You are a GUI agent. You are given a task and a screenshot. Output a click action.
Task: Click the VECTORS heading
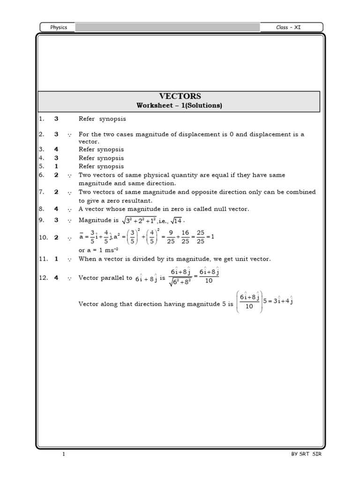179,96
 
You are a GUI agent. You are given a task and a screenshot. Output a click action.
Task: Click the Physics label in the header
59,27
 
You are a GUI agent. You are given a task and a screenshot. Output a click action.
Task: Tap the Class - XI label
288,27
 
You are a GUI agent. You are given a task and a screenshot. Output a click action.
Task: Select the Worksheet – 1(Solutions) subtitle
179,105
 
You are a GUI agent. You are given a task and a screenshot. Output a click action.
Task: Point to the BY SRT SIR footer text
304,455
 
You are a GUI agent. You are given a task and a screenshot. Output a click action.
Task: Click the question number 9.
41,220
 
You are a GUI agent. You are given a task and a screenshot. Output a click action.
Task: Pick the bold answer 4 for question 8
56,209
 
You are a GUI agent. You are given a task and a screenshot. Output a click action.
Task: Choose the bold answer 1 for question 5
56,166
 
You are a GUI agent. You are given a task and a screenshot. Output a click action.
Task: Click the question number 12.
43,277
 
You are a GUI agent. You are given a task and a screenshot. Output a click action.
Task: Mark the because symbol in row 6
69,175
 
